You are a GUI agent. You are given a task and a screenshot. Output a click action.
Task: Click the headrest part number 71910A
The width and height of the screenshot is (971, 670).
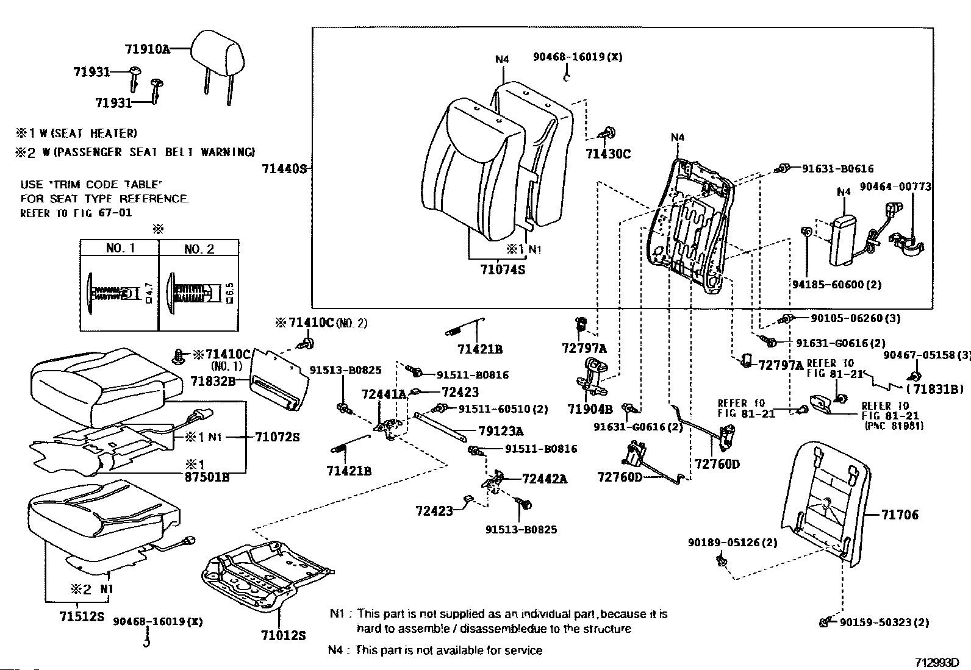(x=147, y=49)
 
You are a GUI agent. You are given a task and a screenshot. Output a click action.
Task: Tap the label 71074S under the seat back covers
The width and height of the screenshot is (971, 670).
(x=502, y=268)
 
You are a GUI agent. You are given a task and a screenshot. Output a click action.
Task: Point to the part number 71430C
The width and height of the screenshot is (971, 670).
(x=608, y=154)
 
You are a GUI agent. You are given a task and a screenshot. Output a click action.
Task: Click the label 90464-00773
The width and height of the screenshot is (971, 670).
(x=895, y=187)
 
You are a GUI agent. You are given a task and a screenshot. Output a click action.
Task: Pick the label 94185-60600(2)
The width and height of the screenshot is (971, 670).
(x=837, y=285)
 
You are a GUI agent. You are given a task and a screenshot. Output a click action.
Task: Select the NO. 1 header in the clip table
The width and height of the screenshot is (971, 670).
(x=120, y=248)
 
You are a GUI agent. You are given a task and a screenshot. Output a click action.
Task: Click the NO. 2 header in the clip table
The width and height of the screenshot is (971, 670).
(x=199, y=249)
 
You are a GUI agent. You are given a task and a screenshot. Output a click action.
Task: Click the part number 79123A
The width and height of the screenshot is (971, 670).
(x=500, y=432)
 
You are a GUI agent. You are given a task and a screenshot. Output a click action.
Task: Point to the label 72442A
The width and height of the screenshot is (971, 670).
(x=544, y=479)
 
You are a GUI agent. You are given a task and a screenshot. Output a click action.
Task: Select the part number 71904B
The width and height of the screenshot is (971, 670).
(x=589, y=409)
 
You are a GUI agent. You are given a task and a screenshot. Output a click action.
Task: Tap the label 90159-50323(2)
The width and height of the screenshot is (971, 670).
(x=884, y=622)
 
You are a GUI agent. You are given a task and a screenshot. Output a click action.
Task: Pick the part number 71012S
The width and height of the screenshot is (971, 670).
(x=283, y=636)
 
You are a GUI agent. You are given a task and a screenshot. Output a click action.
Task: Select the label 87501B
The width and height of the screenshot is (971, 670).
(x=208, y=477)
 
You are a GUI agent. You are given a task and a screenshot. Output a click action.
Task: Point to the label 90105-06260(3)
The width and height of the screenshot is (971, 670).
(x=855, y=318)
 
